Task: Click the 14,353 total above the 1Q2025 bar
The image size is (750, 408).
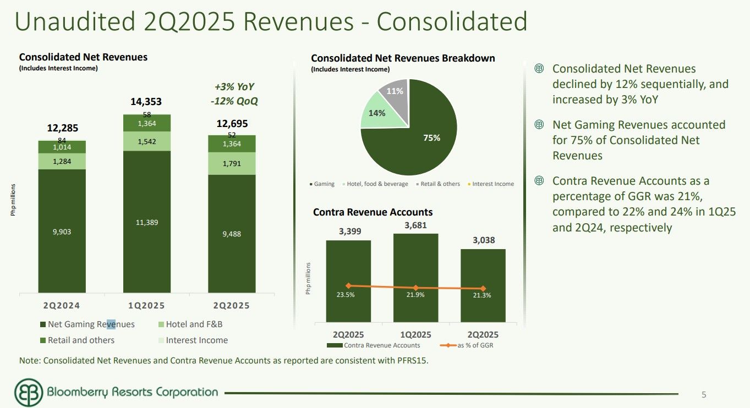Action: click(147, 102)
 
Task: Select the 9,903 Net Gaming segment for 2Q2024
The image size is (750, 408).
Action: click(62, 231)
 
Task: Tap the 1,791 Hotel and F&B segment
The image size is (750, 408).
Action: click(232, 163)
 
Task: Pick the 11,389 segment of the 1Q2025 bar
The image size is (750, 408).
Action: click(147, 222)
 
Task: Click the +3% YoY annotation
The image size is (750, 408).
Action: click(234, 87)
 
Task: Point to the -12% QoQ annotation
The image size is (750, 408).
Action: click(234, 101)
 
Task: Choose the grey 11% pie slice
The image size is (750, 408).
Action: click(395, 92)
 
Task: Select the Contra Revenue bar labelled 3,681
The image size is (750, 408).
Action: click(415, 275)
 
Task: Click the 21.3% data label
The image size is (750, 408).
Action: click(483, 295)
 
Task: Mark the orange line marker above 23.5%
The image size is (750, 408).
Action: click(348, 285)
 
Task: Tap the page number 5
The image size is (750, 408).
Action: click(704, 394)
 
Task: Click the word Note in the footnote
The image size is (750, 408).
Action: click(29, 361)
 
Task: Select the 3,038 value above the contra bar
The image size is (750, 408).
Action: click(483, 240)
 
